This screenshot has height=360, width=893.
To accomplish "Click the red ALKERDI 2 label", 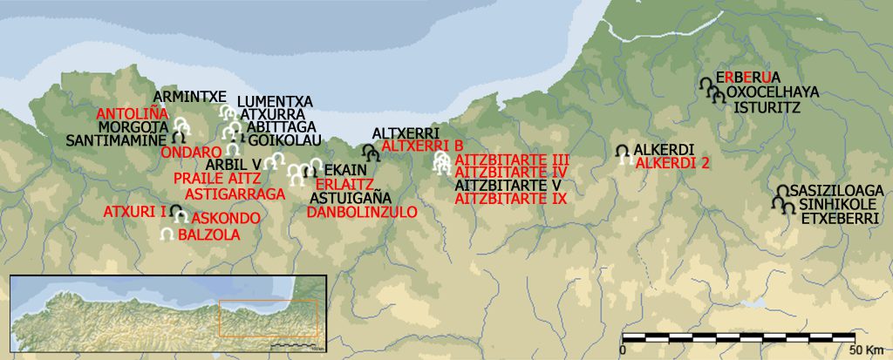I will (x=672, y=162).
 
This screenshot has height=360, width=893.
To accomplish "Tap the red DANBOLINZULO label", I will (x=363, y=211).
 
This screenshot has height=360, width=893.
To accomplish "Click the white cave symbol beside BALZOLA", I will (x=167, y=234).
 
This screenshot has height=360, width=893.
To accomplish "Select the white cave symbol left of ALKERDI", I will (x=624, y=152).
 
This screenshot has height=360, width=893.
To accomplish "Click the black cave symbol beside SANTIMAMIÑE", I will (x=179, y=137).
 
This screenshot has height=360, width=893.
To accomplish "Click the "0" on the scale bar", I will (x=622, y=349).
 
